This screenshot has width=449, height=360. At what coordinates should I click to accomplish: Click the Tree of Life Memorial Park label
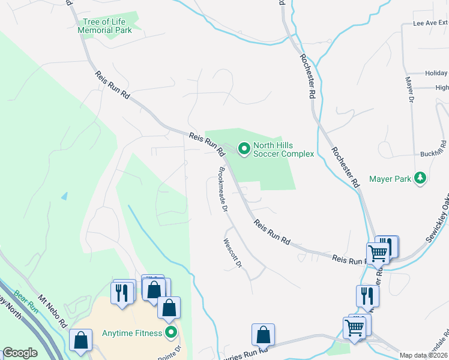(x=104, y=26)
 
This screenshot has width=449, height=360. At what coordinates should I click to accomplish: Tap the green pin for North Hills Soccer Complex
(x=244, y=148)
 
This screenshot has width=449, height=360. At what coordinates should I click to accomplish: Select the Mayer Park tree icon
(x=421, y=178)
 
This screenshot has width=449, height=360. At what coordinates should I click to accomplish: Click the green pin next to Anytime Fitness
(x=171, y=332)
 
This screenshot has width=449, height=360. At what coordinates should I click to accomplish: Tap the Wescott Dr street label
(x=232, y=253)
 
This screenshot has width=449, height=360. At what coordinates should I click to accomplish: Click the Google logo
(x=20, y=353)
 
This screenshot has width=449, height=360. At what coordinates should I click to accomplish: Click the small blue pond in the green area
(x=64, y=196)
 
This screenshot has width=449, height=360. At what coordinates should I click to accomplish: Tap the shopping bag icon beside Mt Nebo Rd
(x=80, y=340)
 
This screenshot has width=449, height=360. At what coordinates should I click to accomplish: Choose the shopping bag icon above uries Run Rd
(x=263, y=334)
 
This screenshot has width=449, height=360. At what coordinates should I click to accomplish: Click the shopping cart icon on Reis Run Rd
(x=378, y=253)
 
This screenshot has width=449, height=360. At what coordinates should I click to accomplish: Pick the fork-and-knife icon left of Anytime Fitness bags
(x=122, y=293)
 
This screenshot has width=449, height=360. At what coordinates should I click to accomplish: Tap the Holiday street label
(x=436, y=73)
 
